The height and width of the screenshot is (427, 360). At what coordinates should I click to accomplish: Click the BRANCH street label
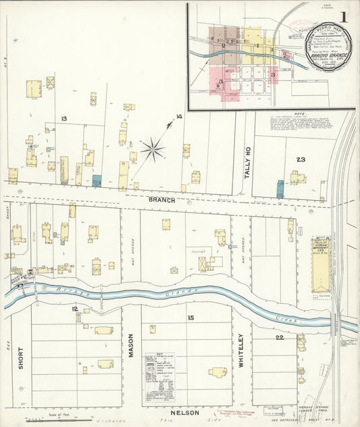[162, 201]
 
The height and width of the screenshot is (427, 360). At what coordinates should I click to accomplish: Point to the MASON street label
[131, 345]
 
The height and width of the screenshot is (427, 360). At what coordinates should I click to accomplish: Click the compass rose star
[153, 148]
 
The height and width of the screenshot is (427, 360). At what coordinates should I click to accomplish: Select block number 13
[63, 119]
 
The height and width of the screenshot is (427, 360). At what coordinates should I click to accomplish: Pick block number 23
[300, 159]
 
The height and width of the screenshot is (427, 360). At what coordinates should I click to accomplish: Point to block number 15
[191, 317]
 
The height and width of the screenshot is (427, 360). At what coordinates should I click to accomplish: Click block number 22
[279, 337]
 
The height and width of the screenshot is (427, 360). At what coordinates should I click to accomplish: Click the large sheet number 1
[344, 16]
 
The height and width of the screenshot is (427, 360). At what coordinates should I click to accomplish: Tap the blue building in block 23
[280, 189]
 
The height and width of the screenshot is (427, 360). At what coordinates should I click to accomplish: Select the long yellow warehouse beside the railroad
[319, 264]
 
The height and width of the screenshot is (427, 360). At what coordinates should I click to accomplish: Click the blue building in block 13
[97, 181]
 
